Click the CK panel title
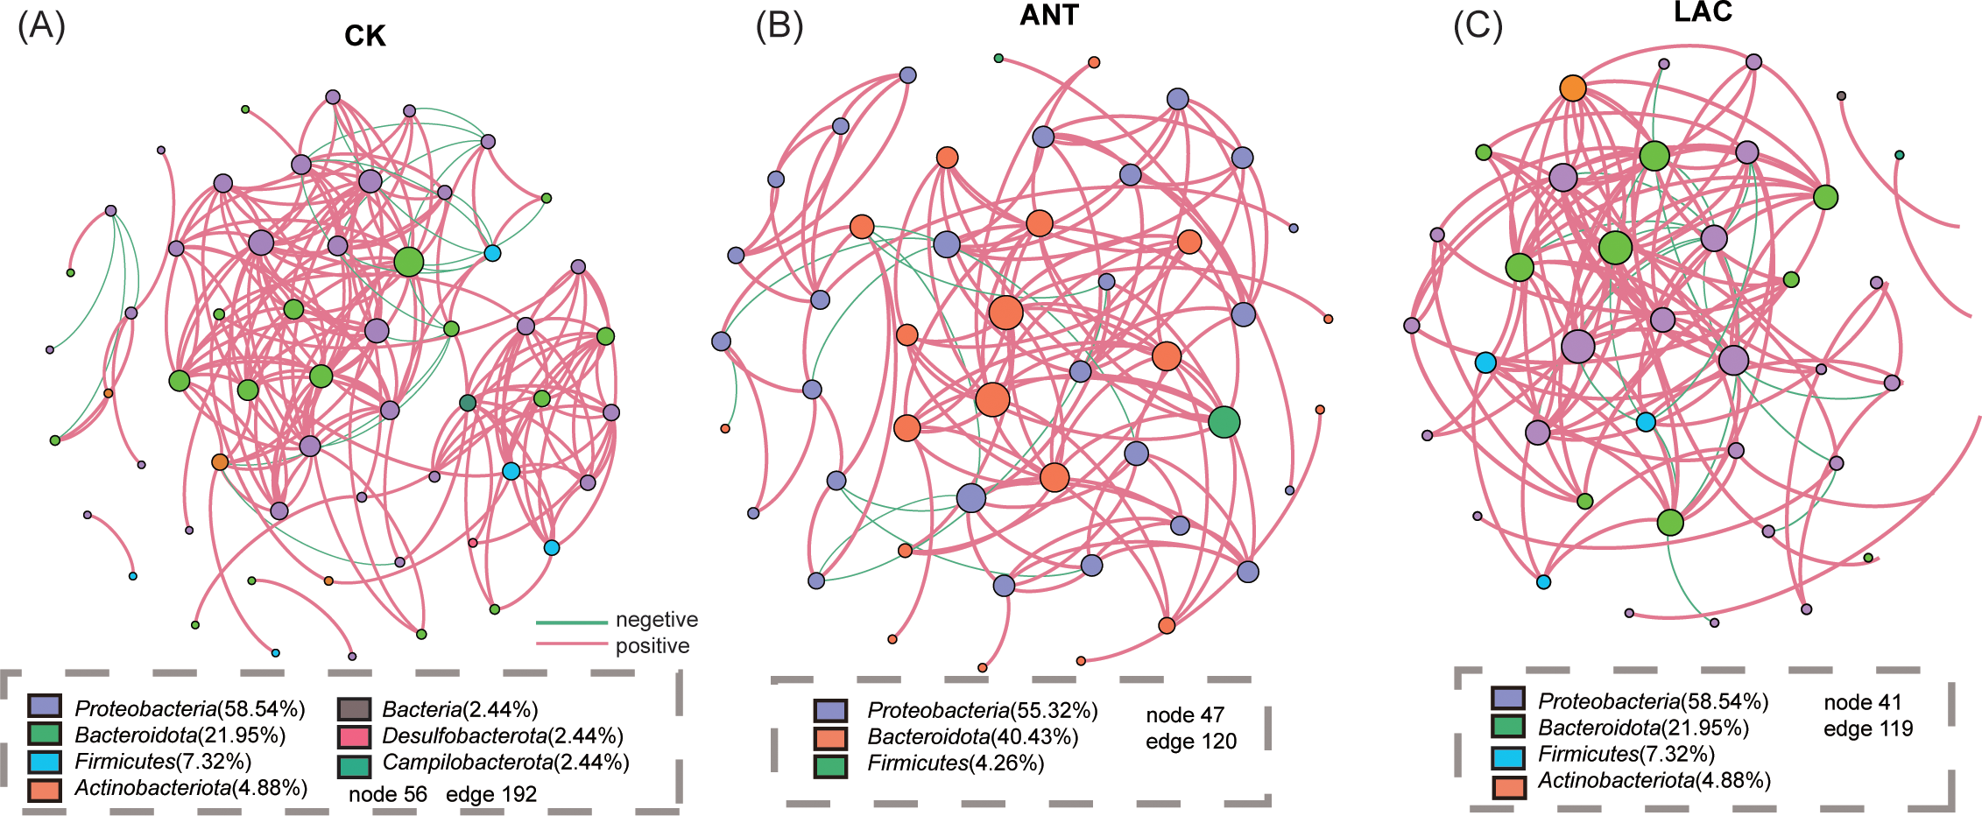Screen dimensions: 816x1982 point(364,36)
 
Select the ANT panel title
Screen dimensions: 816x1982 point(1048,16)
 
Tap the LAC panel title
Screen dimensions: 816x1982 point(1703,11)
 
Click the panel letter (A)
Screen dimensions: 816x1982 point(41,27)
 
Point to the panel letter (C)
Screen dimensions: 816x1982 point(1478,26)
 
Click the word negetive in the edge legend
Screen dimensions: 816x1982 point(656,620)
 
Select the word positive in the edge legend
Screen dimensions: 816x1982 point(652,646)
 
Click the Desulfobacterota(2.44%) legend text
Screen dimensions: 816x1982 point(503,735)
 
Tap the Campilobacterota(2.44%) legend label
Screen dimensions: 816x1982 point(505,762)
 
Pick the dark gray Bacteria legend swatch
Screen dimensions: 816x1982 point(353,709)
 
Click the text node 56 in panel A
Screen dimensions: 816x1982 point(387,794)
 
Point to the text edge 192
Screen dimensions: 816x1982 point(490,794)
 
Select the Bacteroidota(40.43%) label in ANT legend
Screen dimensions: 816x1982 point(972,737)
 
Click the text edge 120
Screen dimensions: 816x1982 point(1190,742)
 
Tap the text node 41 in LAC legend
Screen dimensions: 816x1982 point(1862,702)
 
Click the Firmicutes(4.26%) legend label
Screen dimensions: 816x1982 point(956,763)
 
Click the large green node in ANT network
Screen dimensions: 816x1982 point(1224,422)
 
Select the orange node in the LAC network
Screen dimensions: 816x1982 point(1572,88)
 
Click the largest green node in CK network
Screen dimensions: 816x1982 point(408,261)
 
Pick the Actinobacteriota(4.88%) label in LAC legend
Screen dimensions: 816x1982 point(1654,780)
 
